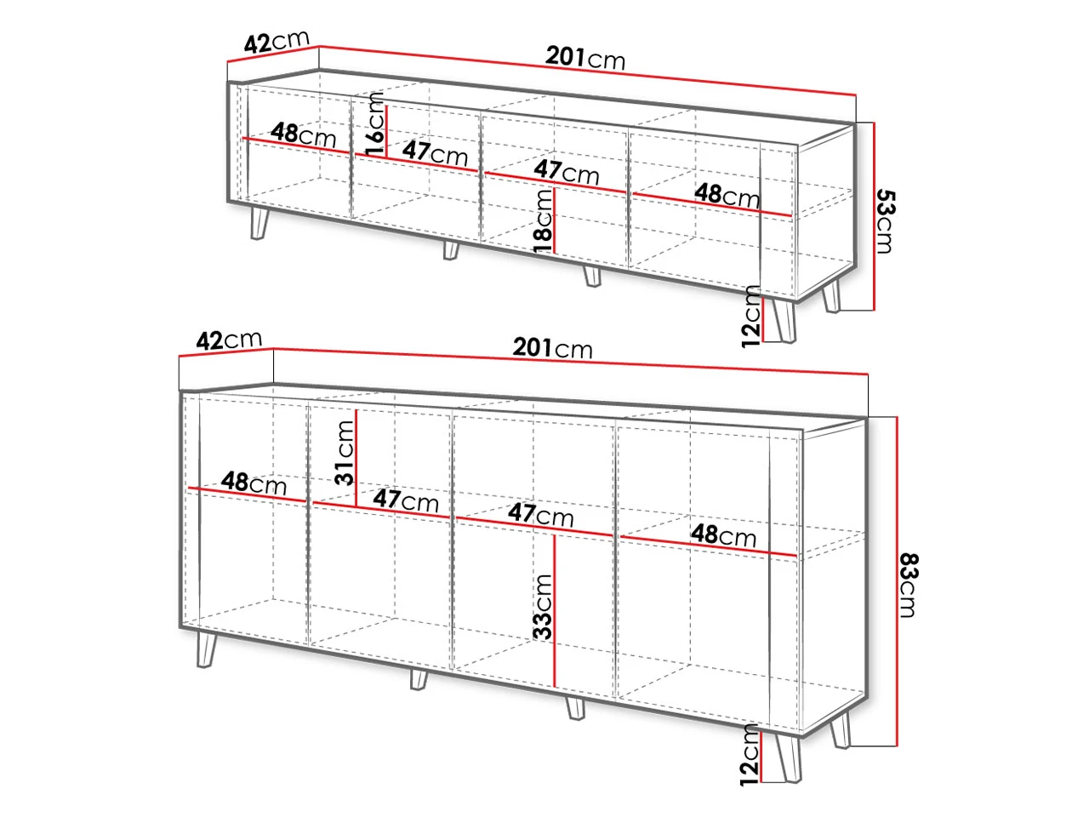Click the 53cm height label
[x=885, y=221]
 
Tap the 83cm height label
[x=908, y=585]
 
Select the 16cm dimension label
[x=374, y=124]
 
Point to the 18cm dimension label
[x=543, y=221]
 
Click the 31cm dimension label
[x=345, y=453]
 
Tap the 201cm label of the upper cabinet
[x=585, y=58]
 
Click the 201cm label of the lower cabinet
[x=553, y=348]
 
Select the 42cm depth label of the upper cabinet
[x=277, y=41]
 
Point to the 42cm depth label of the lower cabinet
[x=229, y=340]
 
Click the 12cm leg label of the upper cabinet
[x=751, y=316]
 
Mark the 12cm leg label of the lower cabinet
[x=750, y=755]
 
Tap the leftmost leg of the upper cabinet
[x=259, y=223]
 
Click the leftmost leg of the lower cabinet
[x=207, y=649]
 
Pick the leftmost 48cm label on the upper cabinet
[x=303, y=135]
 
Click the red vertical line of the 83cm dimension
[x=897, y=581]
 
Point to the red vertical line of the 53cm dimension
[x=874, y=216]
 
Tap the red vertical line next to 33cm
[x=555, y=611]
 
